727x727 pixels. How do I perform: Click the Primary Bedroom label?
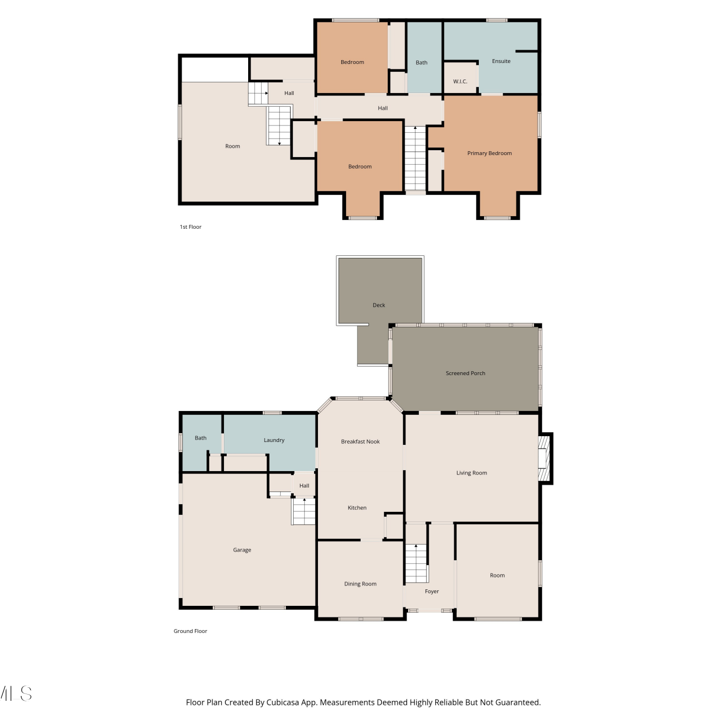click(490, 153)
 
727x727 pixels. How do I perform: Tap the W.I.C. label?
click(460, 81)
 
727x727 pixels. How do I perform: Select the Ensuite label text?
click(501, 61)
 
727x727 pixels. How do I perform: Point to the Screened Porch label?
click(465, 373)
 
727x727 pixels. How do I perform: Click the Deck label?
click(379, 305)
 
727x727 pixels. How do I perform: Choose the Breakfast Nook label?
click(360, 442)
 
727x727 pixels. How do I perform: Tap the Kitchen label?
click(357, 508)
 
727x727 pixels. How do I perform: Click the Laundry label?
click(274, 440)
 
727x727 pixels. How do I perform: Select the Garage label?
click(242, 550)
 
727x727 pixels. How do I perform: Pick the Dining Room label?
click(360, 584)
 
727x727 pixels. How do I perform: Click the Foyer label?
click(432, 591)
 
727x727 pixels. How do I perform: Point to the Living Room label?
click(472, 473)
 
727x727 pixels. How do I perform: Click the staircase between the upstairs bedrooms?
click(415, 158)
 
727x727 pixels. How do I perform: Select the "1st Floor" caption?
click(190, 227)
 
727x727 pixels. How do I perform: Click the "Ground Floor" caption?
click(190, 631)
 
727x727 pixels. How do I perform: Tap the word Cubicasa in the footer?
click(283, 702)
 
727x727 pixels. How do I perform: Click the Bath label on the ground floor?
click(201, 438)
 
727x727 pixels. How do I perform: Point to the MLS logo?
click(16, 694)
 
